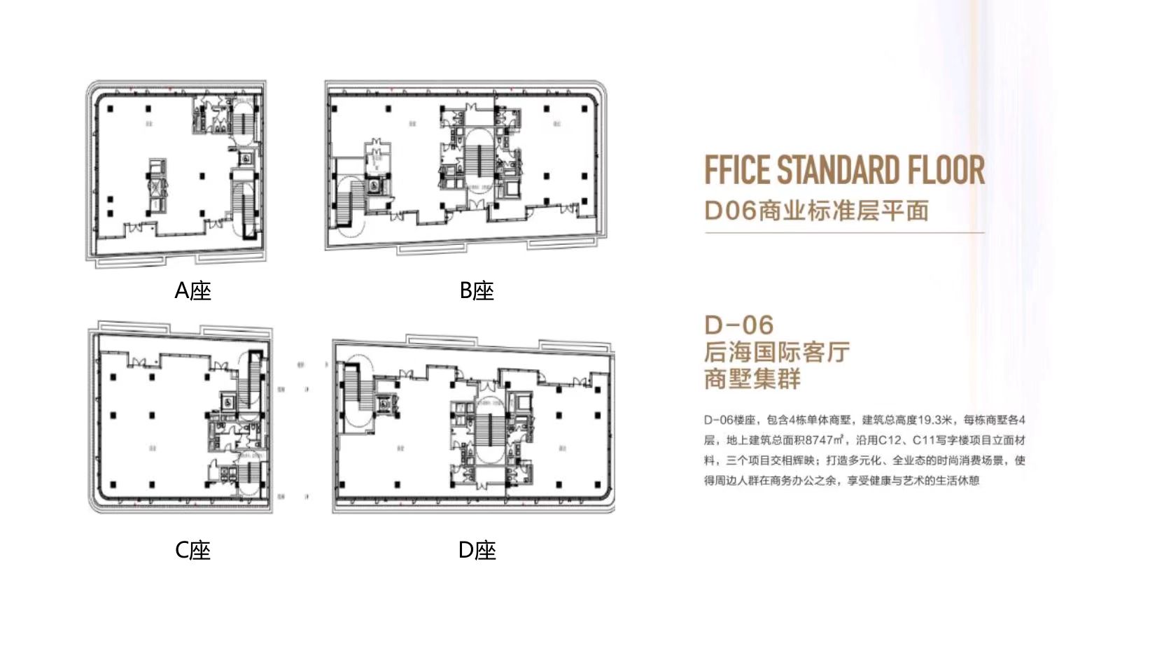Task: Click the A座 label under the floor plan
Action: (192, 290)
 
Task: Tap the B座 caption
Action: (477, 290)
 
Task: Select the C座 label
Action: (192, 550)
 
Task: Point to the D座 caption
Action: (477, 550)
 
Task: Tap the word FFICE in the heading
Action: (736, 170)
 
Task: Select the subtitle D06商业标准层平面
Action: (816, 210)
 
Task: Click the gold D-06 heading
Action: (738, 325)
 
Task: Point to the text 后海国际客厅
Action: (777, 352)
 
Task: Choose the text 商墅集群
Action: (752, 379)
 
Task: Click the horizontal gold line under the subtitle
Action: (844, 232)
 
